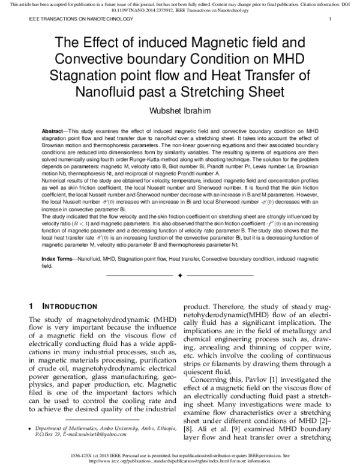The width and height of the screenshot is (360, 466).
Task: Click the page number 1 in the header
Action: (330, 20)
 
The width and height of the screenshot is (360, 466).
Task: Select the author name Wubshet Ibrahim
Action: (179, 110)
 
